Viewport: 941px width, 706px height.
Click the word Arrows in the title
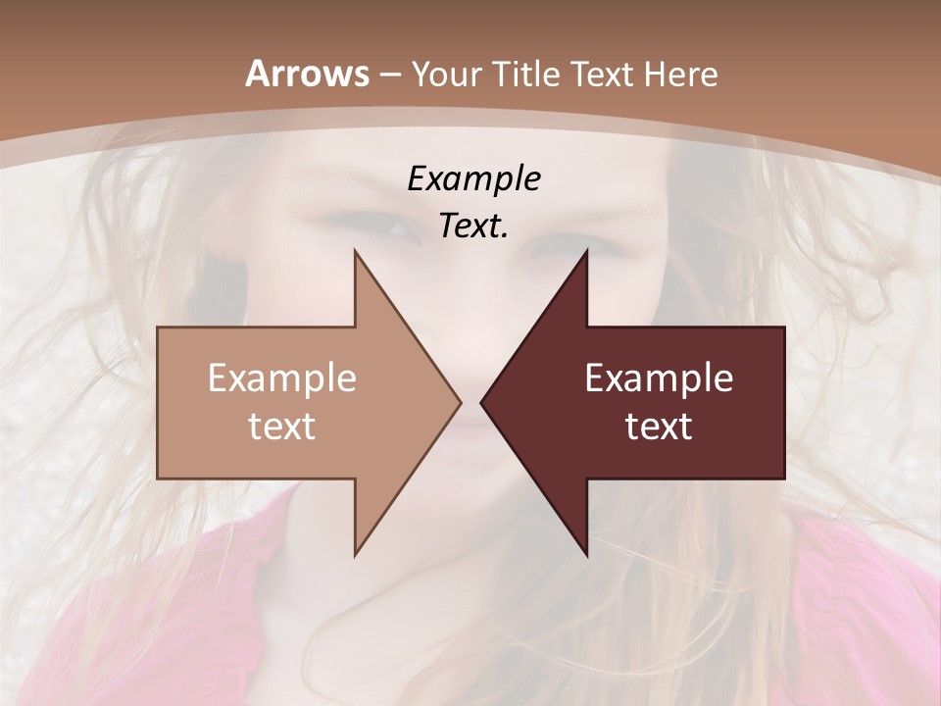pos(307,74)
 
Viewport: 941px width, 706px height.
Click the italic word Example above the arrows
pos(474,179)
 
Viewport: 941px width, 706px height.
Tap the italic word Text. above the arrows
pos(473,227)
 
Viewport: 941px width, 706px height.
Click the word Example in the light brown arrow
pos(282,378)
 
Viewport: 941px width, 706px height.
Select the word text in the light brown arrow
pos(282,427)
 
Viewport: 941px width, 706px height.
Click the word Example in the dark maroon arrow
pos(659,378)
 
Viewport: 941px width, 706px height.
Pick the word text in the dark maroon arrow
pos(659,427)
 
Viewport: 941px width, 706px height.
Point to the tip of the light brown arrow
pos(460,402)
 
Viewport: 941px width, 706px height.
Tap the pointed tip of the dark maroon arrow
pos(481,402)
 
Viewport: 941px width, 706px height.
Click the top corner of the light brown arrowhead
pos(355,251)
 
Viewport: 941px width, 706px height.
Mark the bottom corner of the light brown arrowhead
pos(355,554)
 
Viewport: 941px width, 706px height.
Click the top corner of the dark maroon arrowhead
pos(586,251)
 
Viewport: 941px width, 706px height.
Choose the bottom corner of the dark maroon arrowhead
pos(586,554)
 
